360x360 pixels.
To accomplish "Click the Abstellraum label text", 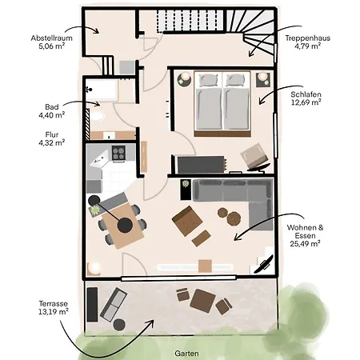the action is tap(51, 38).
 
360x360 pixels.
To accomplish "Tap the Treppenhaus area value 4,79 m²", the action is tap(307, 46).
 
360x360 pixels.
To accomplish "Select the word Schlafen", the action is tap(306, 94).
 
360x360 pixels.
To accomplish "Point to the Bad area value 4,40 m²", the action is tap(52, 115).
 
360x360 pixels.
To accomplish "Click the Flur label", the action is tap(52, 134).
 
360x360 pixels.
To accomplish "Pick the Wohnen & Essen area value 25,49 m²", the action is tap(305, 243).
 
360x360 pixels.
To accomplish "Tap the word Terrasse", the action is tap(54, 303).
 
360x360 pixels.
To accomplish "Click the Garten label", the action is tap(186, 354).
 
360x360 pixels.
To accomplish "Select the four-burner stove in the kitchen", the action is tap(118, 153).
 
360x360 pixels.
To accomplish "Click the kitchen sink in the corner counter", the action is tap(99, 160).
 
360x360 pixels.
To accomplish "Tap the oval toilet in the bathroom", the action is tap(97, 117).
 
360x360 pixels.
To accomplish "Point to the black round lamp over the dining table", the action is tap(125, 225).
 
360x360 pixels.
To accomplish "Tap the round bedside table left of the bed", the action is tap(184, 79).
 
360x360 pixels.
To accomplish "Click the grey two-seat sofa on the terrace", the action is tap(114, 304).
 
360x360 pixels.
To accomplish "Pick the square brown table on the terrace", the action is tap(202, 301).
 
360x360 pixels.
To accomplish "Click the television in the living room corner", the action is tap(263, 264).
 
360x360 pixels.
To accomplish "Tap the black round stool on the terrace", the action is tap(119, 324).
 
